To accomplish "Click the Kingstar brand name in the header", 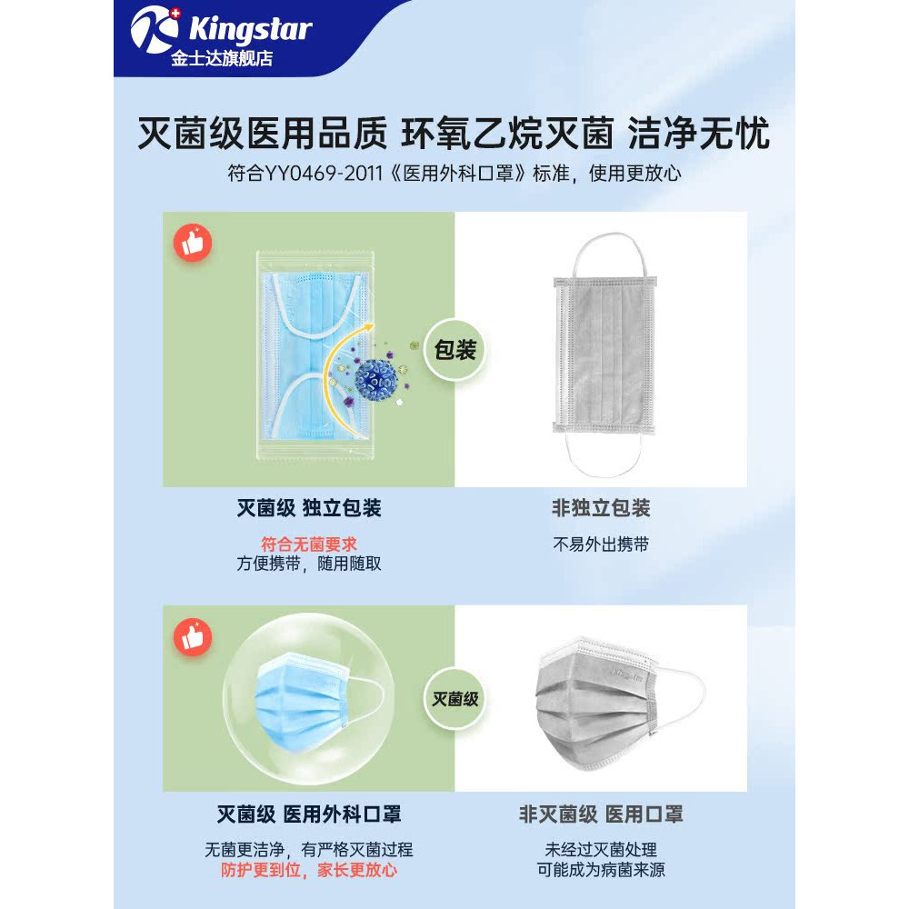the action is click(251, 29).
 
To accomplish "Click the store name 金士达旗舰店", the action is click(222, 58).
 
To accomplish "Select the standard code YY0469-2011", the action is click(325, 173).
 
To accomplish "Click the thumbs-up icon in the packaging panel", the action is click(193, 243).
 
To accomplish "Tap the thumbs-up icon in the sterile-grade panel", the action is click(193, 637).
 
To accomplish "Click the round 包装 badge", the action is click(455, 350).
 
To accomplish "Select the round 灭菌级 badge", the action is click(455, 699).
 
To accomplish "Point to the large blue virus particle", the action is click(375, 380).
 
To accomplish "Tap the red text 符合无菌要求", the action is click(309, 544).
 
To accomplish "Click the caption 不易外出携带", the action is click(601, 544).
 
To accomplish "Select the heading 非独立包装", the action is click(601, 508).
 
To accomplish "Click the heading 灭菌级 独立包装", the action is click(309, 508).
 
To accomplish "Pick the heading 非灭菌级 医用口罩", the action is click(601, 814).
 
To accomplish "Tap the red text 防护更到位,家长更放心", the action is click(309, 870).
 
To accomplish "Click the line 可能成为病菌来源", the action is click(601, 870).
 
